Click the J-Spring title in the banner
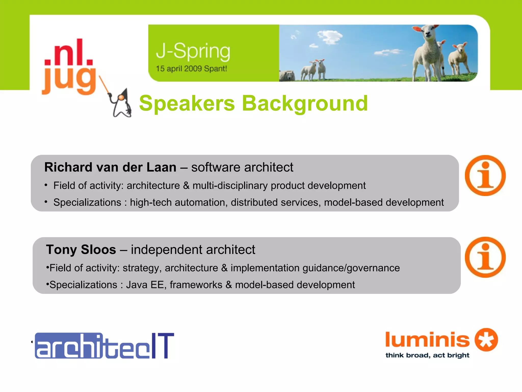click(x=193, y=52)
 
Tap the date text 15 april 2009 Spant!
click(x=191, y=69)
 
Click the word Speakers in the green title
click(x=187, y=104)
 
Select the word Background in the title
click(x=305, y=104)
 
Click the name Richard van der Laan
click(x=110, y=167)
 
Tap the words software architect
click(x=242, y=167)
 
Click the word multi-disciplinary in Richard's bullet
click(x=230, y=186)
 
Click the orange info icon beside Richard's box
click(x=485, y=176)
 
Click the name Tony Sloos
click(x=81, y=250)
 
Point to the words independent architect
click(x=193, y=250)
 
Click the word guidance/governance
click(x=351, y=268)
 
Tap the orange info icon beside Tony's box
click(x=485, y=257)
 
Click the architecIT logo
click(x=105, y=346)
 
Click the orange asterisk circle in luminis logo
click(x=486, y=340)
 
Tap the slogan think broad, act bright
click(x=427, y=355)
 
